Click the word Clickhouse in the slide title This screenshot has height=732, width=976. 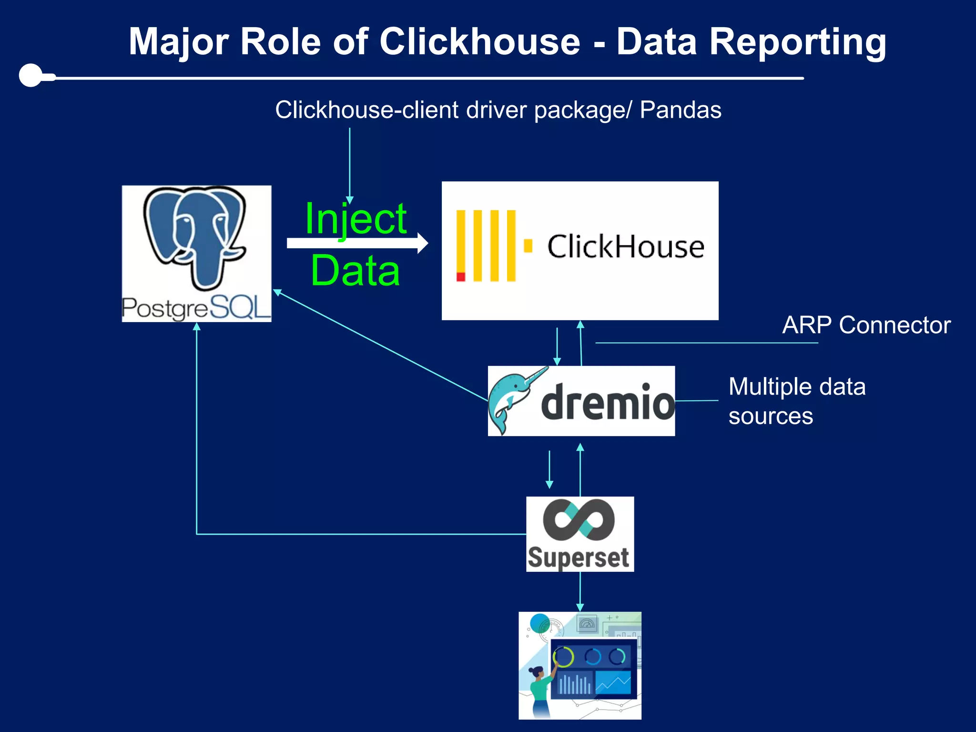point(479,42)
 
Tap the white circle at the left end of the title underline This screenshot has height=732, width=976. point(31,75)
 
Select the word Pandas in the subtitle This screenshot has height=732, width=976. point(680,110)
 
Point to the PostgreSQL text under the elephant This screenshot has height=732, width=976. point(196,307)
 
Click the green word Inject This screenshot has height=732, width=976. point(356,219)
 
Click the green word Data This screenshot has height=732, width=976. point(356,271)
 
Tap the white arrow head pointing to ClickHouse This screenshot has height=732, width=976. point(422,243)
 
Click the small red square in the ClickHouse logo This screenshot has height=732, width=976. point(461,277)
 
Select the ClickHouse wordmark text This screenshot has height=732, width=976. point(625,247)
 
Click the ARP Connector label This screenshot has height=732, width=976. point(866,325)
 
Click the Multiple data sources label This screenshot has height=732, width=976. point(796,401)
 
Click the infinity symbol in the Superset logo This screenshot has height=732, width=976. point(579,519)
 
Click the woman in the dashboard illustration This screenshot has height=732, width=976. point(540,691)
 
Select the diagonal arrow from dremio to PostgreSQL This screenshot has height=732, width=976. point(381,346)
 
